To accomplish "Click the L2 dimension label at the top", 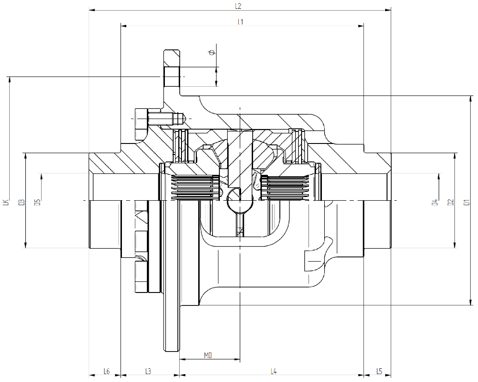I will click(238, 6).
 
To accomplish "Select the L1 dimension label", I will click(240, 22).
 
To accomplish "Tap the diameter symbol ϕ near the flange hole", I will click(212, 52).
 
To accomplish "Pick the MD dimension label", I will click(208, 355).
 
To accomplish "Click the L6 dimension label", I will click(106, 371).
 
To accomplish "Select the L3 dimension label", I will click(148, 371).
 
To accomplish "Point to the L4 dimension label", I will click(273, 371).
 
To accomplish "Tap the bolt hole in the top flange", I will click(171, 76).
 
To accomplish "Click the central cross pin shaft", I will click(240, 161).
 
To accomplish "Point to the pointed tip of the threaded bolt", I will click(183, 118).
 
